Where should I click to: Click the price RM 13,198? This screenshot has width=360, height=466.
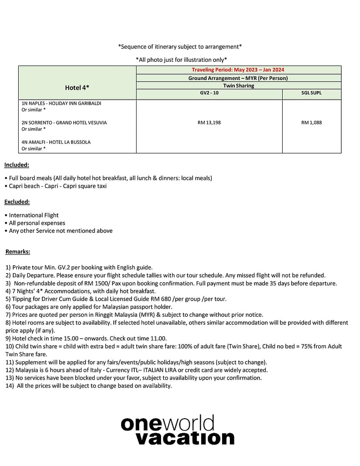coord(209,122)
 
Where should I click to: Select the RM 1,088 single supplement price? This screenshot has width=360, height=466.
coord(311,122)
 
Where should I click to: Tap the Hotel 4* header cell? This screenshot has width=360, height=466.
coord(77,87)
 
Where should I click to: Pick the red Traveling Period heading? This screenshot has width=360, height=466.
coord(238,70)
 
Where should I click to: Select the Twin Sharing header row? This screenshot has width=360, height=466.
coord(238,86)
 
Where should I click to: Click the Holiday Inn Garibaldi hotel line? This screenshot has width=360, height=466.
coord(61,103)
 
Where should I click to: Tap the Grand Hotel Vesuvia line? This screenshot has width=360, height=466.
coord(64,122)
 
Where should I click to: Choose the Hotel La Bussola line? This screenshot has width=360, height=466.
coord(56,142)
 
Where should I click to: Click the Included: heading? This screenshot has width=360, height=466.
coord(17,165)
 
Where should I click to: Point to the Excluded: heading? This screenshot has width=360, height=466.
coord(17,202)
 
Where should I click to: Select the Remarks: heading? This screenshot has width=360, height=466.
coord(18,251)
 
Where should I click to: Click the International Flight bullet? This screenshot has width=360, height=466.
coord(34,215)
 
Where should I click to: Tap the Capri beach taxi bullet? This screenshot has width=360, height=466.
coord(58,186)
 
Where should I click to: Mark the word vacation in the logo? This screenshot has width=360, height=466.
coord(185,438)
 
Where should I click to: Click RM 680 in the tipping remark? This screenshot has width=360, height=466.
coord(163,299)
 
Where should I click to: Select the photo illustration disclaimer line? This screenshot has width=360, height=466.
coord(181,60)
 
